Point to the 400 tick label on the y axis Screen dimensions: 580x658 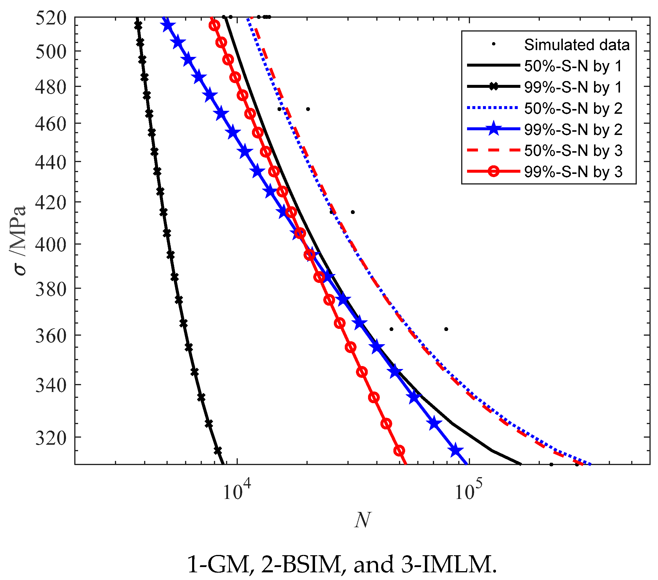point(51,244)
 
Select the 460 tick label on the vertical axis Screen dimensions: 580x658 point(51,124)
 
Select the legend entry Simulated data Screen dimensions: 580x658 point(577,45)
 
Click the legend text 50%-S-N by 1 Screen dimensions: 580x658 point(573,66)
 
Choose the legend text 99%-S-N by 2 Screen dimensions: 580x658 point(573,129)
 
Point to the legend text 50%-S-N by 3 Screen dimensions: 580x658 point(573,151)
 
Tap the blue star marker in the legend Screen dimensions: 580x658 point(494,129)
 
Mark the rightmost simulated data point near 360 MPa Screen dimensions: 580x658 point(446,329)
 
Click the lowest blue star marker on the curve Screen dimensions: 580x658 point(456,450)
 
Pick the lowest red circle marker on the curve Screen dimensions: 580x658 point(399,450)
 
